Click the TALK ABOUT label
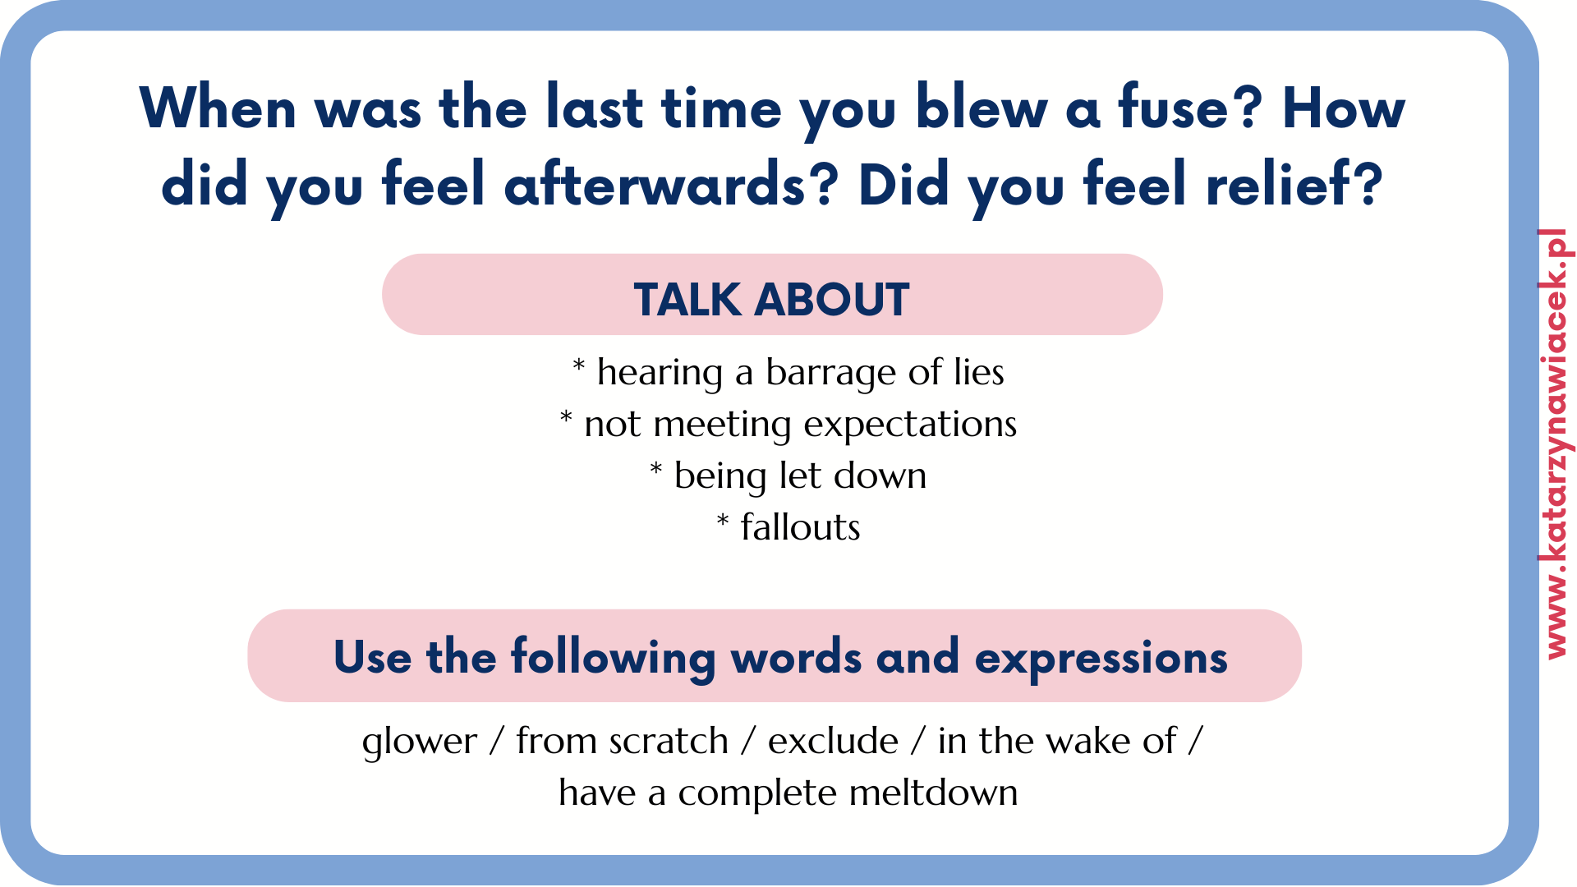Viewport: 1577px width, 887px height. click(771, 299)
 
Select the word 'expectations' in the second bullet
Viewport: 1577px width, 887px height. click(910, 425)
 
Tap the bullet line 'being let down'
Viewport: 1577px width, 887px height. click(788, 476)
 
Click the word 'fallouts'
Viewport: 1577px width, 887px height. click(800, 527)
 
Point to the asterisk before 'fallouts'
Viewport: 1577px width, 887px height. click(723, 521)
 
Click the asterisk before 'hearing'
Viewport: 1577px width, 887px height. click(579, 365)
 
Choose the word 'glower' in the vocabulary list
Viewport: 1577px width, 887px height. click(420, 742)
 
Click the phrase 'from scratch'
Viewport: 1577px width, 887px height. click(622, 741)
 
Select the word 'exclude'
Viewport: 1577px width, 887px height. click(833, 741)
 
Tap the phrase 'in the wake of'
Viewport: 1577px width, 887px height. click(1057, 741)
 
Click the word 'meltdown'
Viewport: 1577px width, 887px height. click(933, 793)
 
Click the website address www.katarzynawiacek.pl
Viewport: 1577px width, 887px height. click(1556, 443)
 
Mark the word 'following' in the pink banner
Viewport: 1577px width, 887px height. click(614, 659)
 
